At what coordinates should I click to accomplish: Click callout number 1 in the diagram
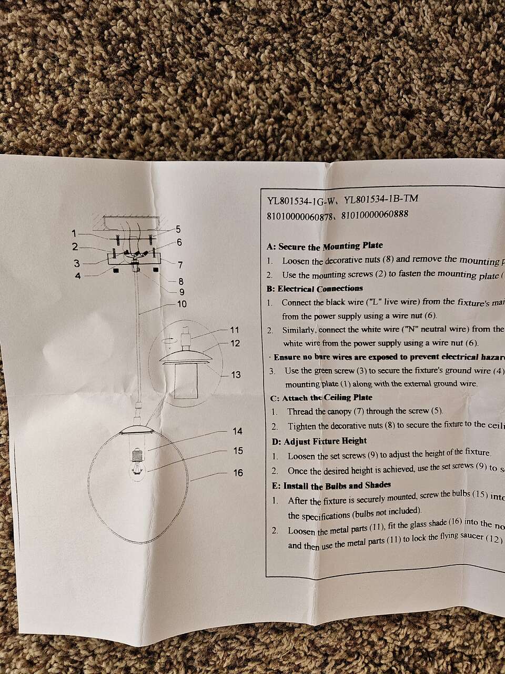click(75, 233)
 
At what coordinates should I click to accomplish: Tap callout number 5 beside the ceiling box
click(178, 229)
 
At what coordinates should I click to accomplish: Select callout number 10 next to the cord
click(181, 304)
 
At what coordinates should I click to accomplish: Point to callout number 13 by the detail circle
click(236, 374)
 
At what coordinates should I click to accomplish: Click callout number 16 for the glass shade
click(238, 472)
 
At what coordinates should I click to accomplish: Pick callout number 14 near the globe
click(238, 431)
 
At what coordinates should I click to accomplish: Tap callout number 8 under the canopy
click(180, 281)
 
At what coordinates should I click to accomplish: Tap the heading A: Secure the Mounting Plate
click(325, 246)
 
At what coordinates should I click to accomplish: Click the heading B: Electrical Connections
click(315, 289)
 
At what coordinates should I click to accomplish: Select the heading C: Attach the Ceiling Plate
click(321, 398)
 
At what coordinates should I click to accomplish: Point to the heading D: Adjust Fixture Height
click(319, 441)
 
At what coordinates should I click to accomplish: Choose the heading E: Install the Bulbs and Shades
click(331, 485)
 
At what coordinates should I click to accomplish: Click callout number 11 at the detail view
click(235, 330)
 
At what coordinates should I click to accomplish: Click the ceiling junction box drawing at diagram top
click(132, 222)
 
